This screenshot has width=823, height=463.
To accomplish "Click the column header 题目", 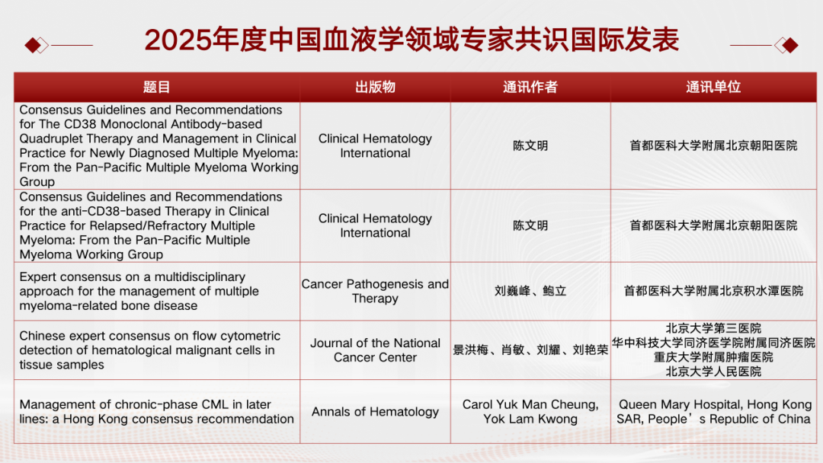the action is [156, 87].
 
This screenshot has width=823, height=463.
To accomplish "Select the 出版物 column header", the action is [375, 87].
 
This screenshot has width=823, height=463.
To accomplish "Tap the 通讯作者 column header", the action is [530, 87].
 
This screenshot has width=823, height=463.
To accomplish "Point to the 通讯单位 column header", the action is [713, 87].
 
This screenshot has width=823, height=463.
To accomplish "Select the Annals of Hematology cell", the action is [375, 412].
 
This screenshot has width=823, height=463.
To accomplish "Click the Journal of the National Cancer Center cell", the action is [375, 350].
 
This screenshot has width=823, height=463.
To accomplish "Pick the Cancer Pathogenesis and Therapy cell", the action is [375, 291].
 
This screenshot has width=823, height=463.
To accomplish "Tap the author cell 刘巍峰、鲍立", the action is [530, 291].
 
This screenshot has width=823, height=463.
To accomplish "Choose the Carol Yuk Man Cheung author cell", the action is [530, 412].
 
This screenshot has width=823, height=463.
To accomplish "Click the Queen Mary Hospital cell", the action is [714, 412].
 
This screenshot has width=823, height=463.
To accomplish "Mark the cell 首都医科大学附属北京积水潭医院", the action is [713, 291].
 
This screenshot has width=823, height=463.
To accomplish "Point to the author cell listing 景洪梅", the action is [530, 350].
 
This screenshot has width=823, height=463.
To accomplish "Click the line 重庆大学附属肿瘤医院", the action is [713, 357].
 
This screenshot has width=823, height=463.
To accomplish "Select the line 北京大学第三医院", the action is [713, 328].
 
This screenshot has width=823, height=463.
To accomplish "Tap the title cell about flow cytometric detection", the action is [150, 350].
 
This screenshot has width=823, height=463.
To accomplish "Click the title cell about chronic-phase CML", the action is [156, 412].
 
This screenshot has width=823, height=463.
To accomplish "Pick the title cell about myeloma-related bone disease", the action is [139, 291].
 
